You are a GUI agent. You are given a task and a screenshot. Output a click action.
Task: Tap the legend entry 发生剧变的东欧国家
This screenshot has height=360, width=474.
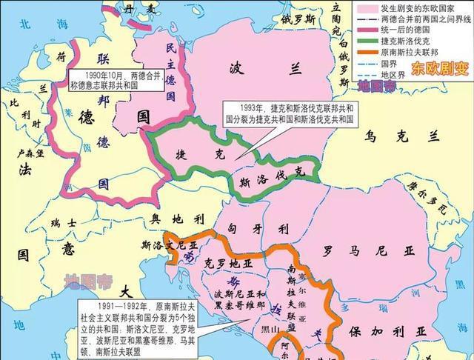tap(418, 7)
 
